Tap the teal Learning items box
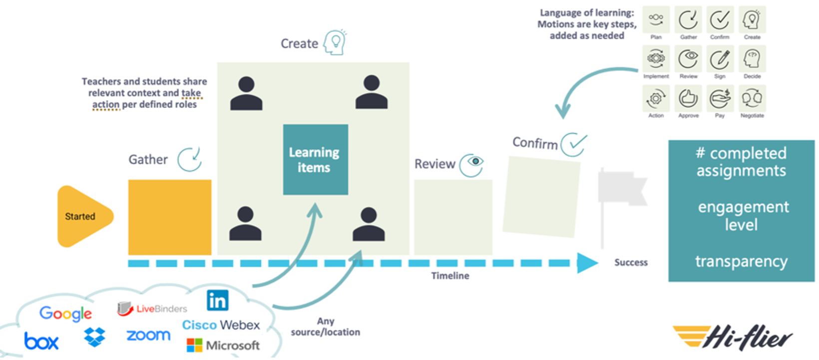(x=315, y=159)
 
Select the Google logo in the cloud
(x=65, y=314)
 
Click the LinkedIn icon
(x=218, y=301)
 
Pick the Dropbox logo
(x=95, y=337)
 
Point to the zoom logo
(x=148, y=336)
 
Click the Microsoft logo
(x=223, y=345)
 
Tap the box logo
(x=41, y=342)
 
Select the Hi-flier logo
(x=733, y=338)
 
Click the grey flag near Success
(x=622, y=192)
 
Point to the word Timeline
(x=450, y=276)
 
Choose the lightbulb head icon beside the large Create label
(x=335, y=42)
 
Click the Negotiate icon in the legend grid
(x=752, y=99)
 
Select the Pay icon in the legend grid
(x=720, y=99)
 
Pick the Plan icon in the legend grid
(x=656, y=20)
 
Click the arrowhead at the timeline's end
(x=587, y=263)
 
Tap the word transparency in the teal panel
(x=741, y=261)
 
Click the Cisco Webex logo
(x=221, y=325)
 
